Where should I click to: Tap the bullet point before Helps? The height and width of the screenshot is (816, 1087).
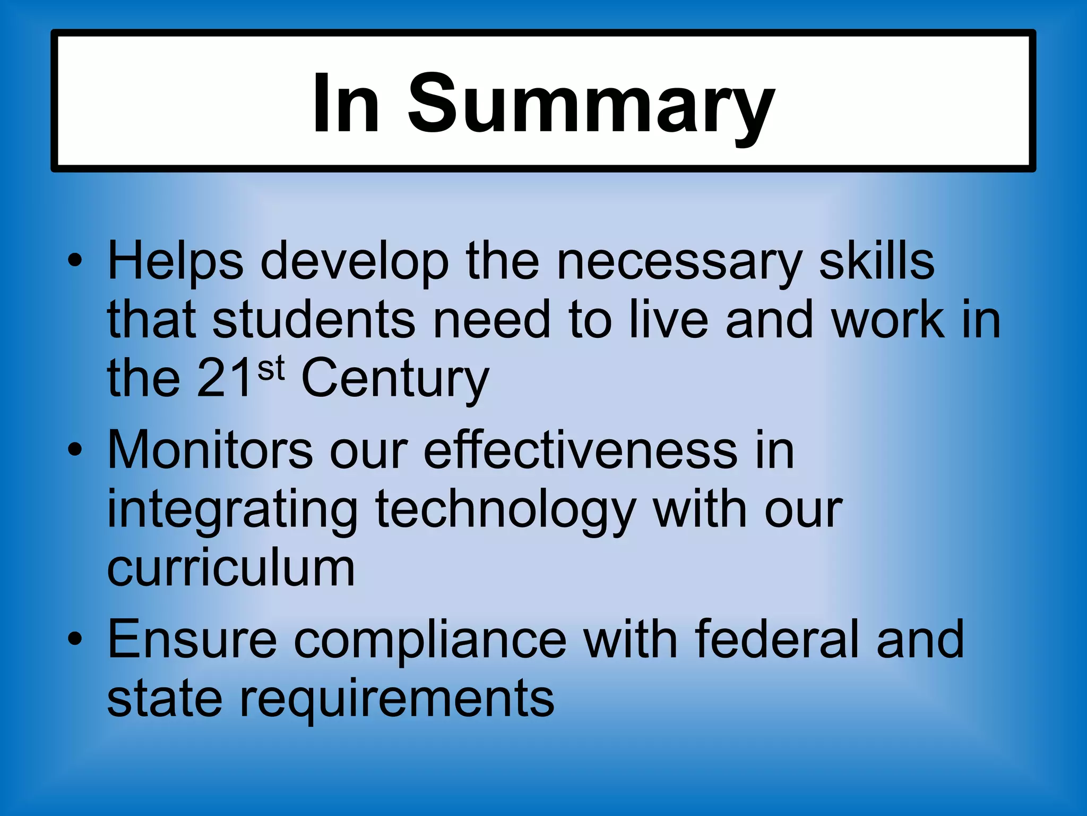click(x=75, y=261)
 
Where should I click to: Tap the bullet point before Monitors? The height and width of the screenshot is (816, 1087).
click(x=75, y=450)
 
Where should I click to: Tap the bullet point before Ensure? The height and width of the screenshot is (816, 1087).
click(x=75, y=639)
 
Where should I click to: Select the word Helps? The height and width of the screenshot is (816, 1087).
click(x=175, y=261)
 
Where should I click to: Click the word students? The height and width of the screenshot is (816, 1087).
click(x=314, y=320)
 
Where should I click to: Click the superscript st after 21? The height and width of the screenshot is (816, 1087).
click(x=271, y=368)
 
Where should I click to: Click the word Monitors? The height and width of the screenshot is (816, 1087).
click(x=210, y=450)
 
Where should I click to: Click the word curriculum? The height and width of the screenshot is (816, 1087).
click(x=231, y=568)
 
